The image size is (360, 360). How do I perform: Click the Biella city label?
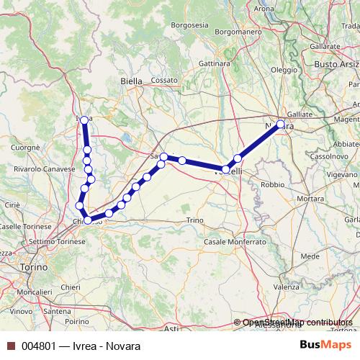point(132,81)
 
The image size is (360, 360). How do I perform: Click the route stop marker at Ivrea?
point(84,120)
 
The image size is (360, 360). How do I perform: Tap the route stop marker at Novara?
point(280,124)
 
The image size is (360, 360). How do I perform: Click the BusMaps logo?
point(328,346)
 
